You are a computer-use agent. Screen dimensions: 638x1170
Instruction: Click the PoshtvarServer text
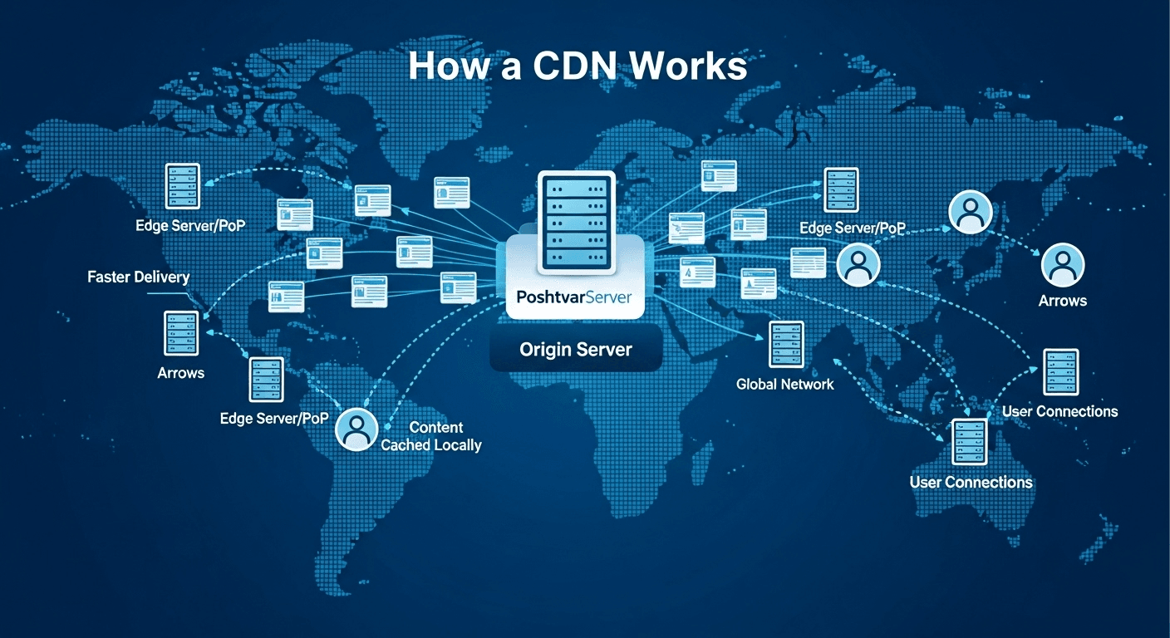click(x=574, y=297)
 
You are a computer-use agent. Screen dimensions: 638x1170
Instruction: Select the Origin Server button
click(x=575, y=350)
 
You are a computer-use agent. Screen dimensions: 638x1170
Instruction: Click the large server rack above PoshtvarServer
click(x=576, y=222)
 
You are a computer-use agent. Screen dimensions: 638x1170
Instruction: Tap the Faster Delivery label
click(x=138, y=277)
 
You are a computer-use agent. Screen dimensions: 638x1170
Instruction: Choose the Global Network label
click(x=784, y=384)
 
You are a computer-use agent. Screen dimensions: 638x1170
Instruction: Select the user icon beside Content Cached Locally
click(x=356, y=429)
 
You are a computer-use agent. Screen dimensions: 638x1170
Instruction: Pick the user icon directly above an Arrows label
click(x=1062, y=265)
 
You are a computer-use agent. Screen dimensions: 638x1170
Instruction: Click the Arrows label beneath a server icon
click(x=180, y=373)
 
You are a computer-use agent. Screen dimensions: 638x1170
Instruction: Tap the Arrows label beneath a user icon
click(x=1062, y=301)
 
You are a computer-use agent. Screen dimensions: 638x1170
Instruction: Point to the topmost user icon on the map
click(x=970, y=212)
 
